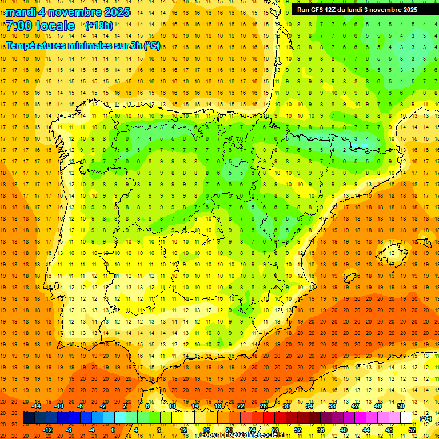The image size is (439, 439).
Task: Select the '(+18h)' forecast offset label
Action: [99, 26]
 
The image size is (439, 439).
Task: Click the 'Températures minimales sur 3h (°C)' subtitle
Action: [83, 46]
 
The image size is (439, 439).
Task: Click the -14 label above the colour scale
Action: [37, 406]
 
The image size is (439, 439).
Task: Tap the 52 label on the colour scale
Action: [412, 429]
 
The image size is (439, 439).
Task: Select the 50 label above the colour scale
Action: [401, 406]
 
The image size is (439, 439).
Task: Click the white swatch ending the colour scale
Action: [406, 418]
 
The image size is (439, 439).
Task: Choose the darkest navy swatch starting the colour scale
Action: [29, 418]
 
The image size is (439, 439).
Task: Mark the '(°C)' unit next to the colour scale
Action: [425, 418]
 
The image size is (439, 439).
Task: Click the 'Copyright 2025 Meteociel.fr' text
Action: [243, 435]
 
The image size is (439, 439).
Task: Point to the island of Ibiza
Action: [350, 278]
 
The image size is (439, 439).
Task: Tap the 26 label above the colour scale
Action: [264, 406]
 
